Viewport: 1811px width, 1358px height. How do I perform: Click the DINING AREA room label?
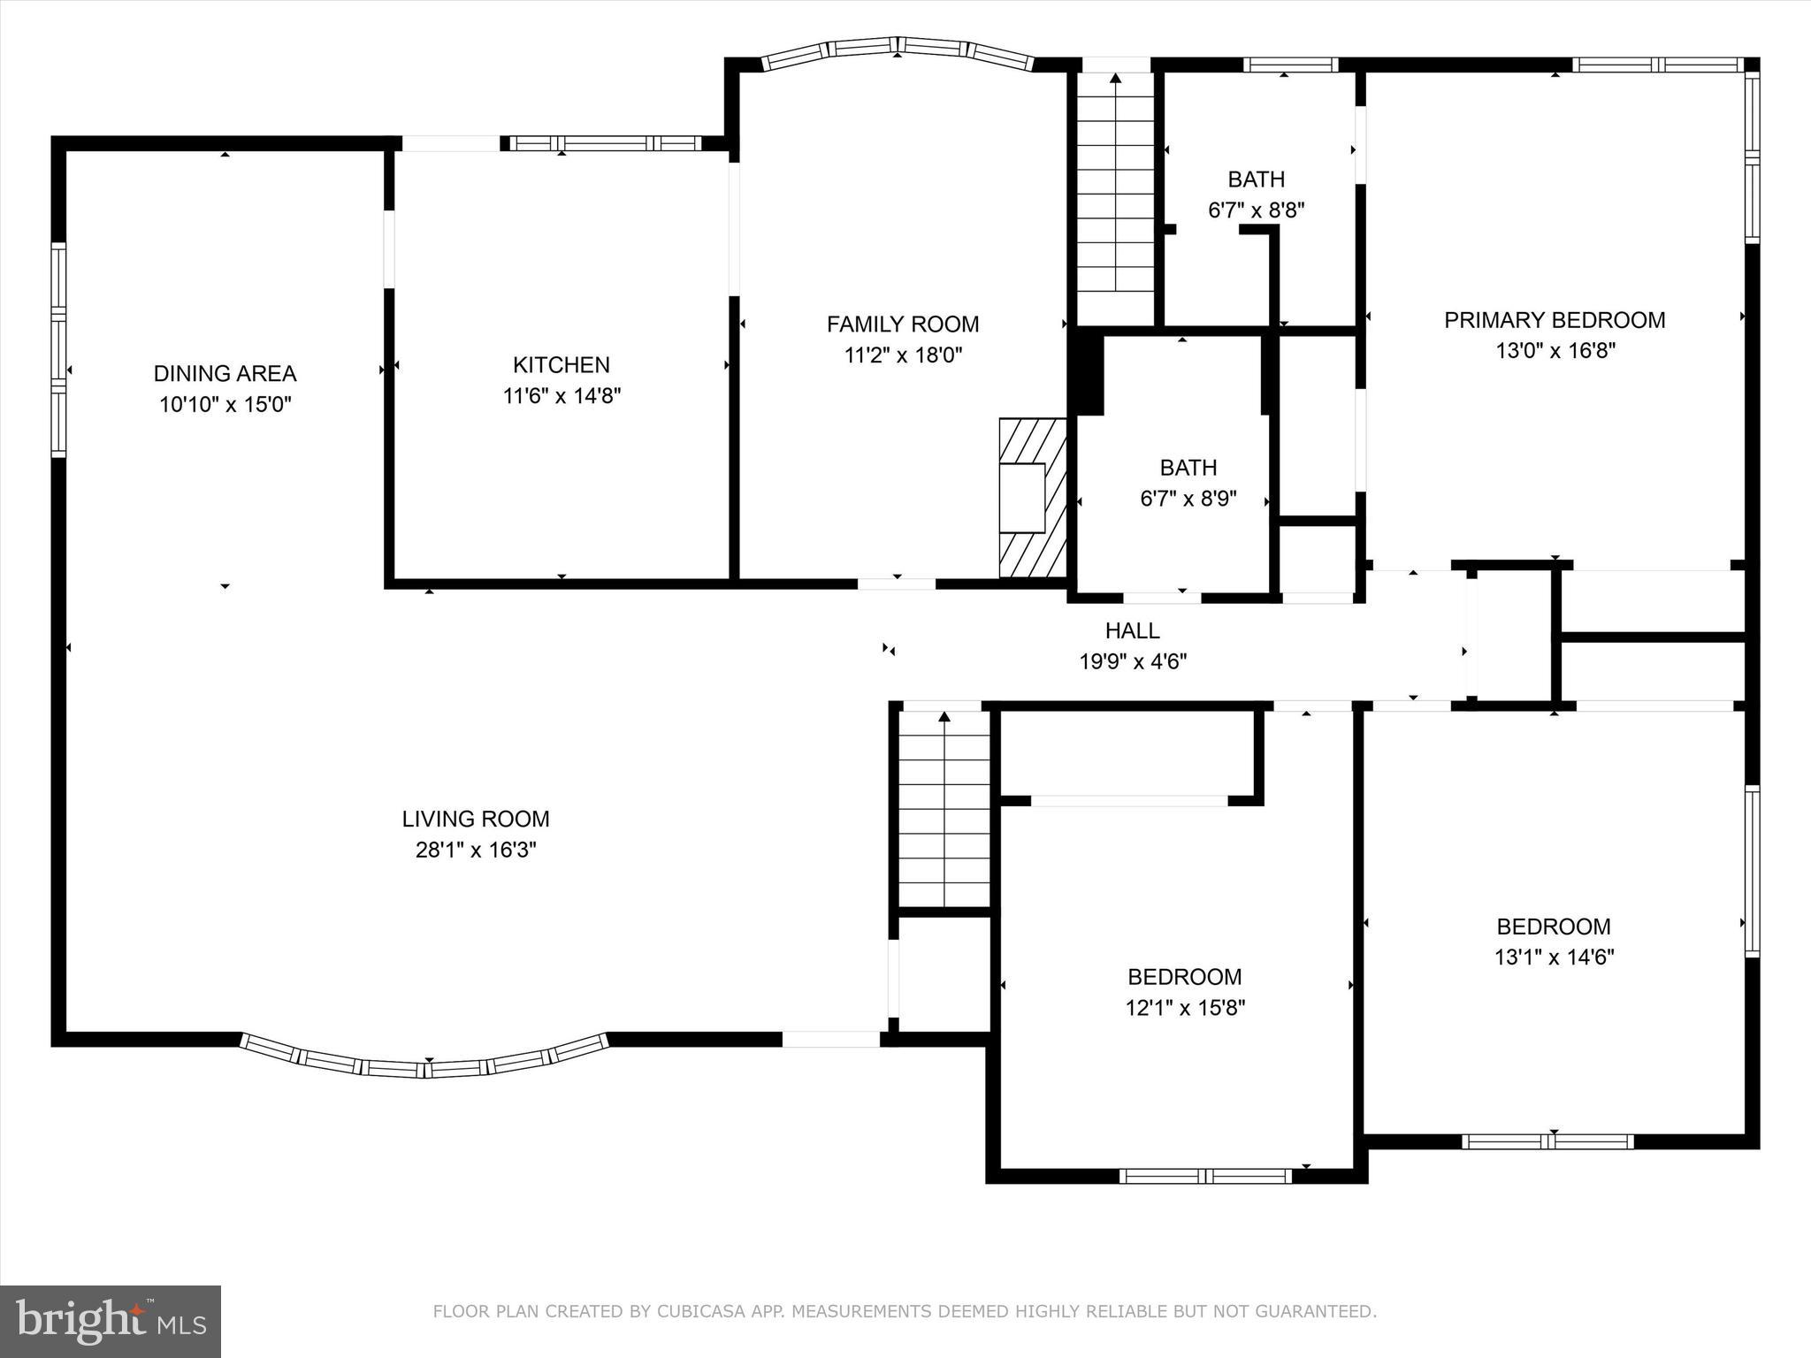(225, 373)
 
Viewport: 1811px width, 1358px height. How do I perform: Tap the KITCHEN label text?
(562, 364)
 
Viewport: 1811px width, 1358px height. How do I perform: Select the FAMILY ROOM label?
(903, 324)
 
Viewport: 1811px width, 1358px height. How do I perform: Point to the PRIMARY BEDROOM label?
(1555, 320)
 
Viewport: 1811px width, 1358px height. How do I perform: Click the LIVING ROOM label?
(476, 819)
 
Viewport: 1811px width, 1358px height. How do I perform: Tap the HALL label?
(1133, 630)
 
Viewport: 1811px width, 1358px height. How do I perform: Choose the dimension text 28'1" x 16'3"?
(476, 850)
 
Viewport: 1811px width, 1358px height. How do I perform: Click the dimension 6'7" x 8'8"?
(1257, 210)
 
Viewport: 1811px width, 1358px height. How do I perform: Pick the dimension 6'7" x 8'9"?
(1188, 499)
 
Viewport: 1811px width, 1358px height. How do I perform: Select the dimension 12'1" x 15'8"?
(1185, 1008)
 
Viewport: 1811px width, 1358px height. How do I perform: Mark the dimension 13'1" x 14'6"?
(1555, 957)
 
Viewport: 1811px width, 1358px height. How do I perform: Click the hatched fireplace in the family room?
(1033, 498)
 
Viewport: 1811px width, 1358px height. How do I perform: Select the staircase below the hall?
(945, 808)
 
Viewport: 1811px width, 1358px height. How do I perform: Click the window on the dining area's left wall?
(58, 350)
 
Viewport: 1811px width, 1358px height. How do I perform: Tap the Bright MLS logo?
(111, 1322)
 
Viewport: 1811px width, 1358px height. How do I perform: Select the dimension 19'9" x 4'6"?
(1133, 661)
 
